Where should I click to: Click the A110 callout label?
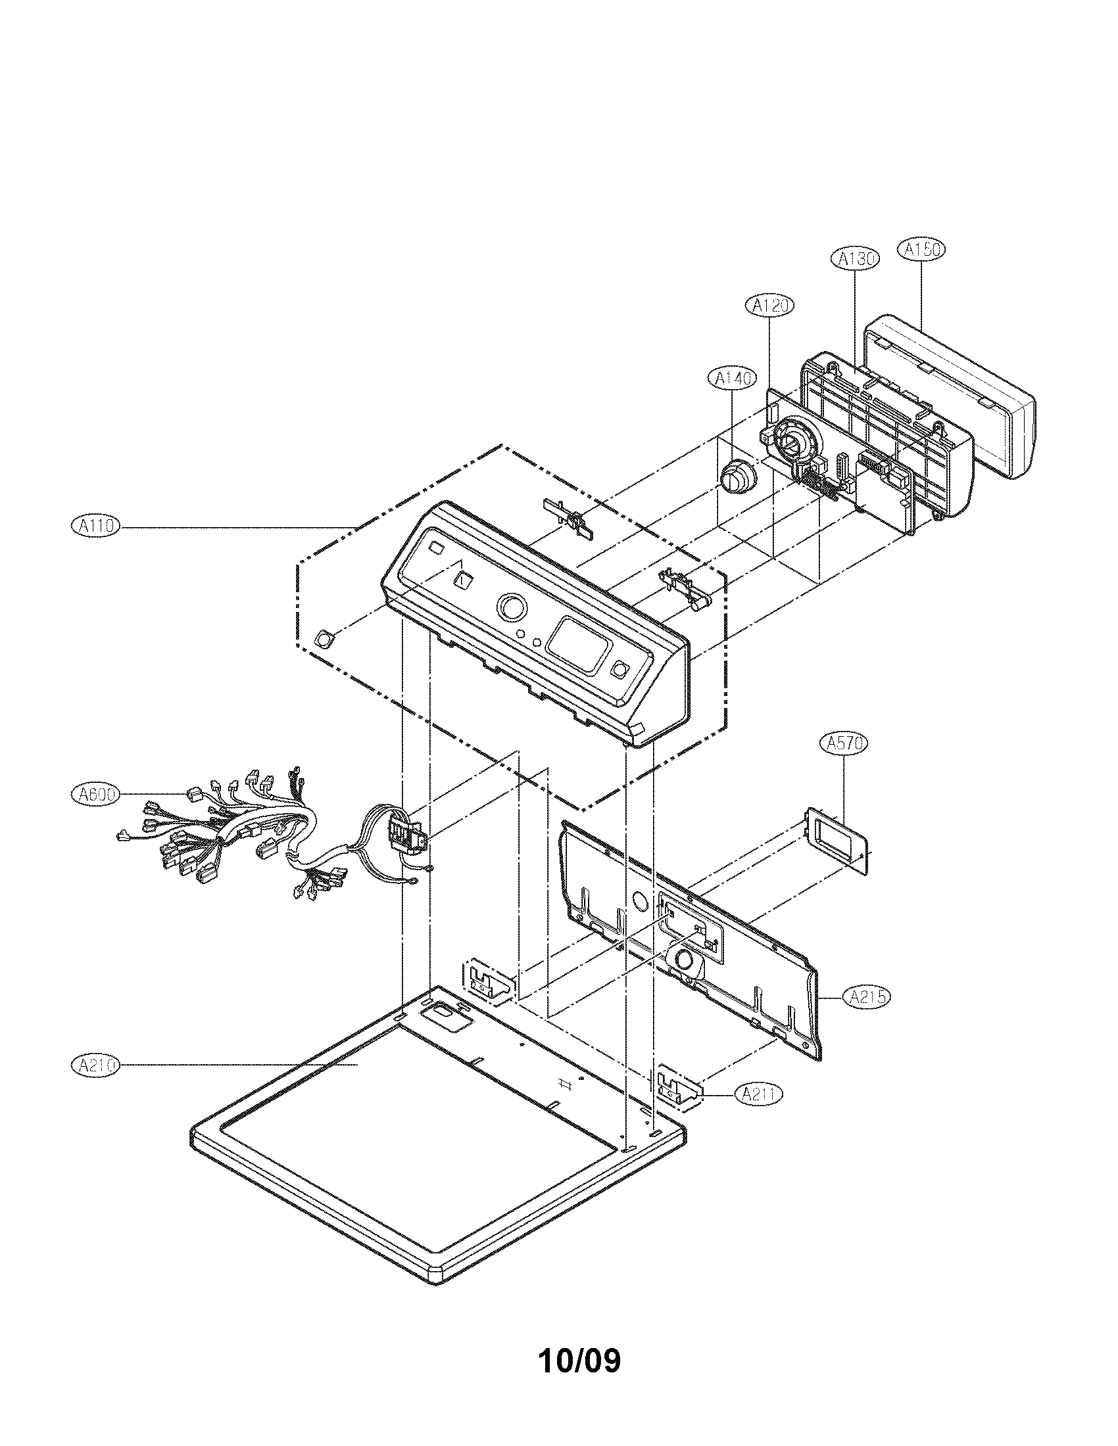click(95, 526)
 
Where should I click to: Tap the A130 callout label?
click(854, 259)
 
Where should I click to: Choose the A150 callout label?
click(921, 250)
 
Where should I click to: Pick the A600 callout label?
click(95, 794)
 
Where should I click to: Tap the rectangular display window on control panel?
click(579, 645)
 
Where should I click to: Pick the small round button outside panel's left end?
click(325, 639)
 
